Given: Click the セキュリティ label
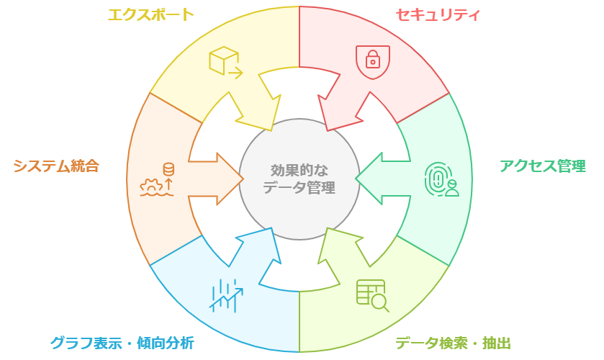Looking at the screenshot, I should [x=437, y=14].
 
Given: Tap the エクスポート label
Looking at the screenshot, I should [x=150, y=14].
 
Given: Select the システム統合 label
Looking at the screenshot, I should [x=56, y=166].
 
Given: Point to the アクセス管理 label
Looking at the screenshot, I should [x=542, y=166].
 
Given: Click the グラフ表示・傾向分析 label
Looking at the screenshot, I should [x=122, y=343].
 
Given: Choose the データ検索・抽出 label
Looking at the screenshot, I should [x=453, y=343].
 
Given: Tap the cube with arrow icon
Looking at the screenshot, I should [x=225, y=62].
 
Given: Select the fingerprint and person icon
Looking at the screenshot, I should [x=441, y=179].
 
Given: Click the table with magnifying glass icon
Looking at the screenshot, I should [x=372, y=295].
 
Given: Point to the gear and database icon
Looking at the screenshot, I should [x=158, y=180].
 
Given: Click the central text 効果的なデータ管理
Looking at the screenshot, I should [x=299, y=179].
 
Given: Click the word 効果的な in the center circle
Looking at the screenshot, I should [x=299, y=171].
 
